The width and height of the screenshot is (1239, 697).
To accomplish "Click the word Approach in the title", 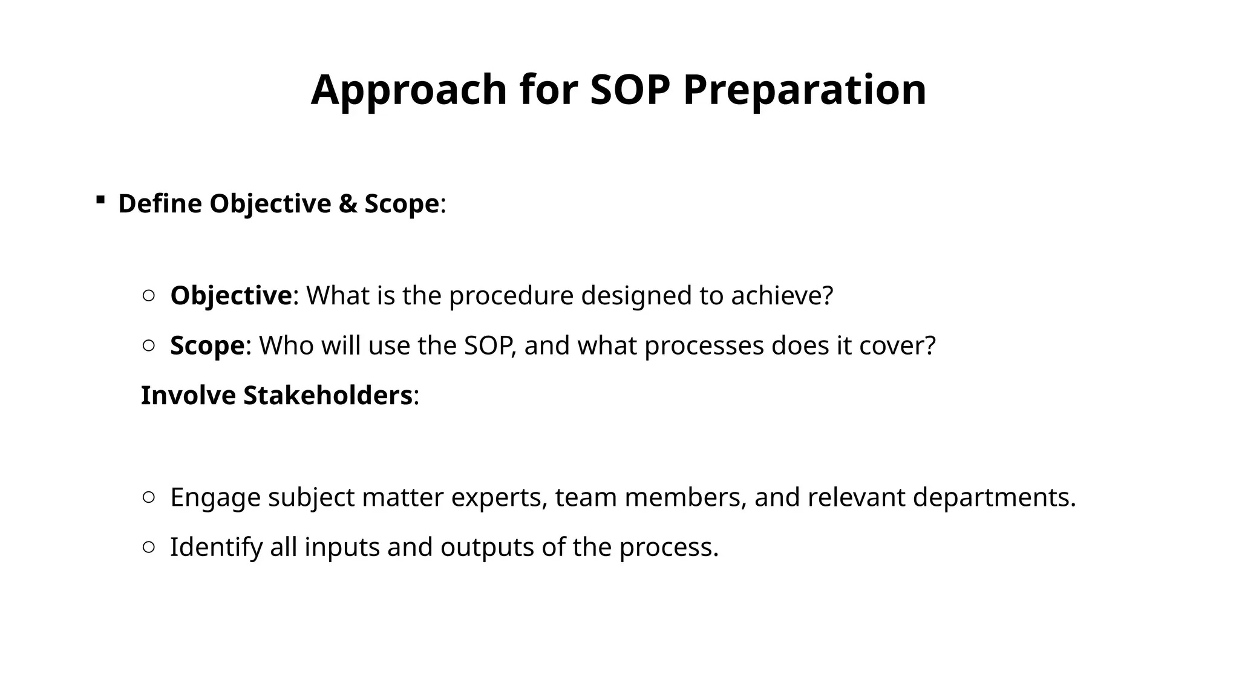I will point(408,90).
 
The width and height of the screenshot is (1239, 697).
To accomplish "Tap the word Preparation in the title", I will point(805,90).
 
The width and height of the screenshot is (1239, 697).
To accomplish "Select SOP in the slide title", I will point(630,90).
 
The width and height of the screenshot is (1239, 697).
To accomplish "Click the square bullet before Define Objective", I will point(100,200).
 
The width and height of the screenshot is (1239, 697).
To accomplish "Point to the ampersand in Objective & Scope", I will point(347,203).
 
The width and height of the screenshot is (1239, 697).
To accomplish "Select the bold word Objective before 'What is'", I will point(230,296).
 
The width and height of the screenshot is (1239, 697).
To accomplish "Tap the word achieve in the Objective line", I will point(781,296).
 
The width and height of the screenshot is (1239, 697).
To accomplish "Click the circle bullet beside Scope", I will point(149,345).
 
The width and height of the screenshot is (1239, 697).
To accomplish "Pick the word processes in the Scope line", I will point(704,345).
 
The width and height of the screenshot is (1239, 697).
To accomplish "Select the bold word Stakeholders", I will point(327,396).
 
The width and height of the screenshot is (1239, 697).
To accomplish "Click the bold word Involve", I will point(188,396).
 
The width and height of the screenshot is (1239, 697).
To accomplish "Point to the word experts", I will point(499,497).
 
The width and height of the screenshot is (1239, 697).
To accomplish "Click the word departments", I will point(993,497).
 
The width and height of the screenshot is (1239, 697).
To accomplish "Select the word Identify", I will point(216,548).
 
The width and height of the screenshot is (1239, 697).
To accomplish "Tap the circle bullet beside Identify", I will point(149,547).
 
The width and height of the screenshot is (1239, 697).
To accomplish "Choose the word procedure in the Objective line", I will point(511,296).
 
